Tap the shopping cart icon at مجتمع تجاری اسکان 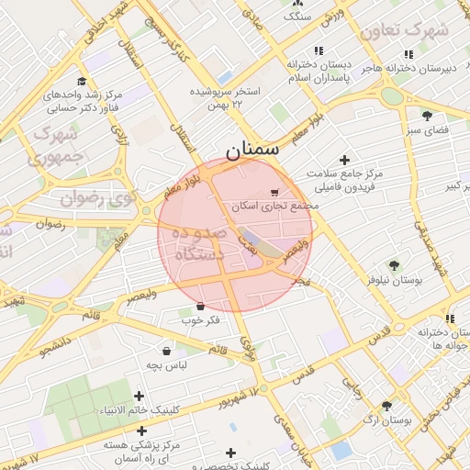coord(274,193)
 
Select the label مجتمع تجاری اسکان coord(275,207)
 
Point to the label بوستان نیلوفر coord(394,280)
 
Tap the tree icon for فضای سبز coord(427,116)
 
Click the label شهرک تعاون coord(404,31)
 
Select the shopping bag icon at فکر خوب coord(200,306)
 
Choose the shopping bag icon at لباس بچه coord(166,351)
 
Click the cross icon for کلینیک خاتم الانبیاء coord(140,397)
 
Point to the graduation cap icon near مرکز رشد coord(83,82)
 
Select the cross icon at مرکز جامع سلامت coord(344,160)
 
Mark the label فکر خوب coord(200,319)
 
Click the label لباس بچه coord(166,364)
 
